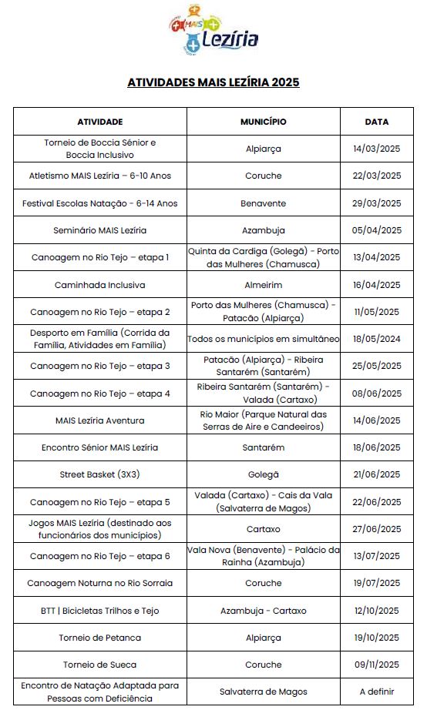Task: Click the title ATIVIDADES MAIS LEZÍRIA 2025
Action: [213, 82]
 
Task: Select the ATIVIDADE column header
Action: [100, 122]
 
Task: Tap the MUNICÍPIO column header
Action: [264, 122]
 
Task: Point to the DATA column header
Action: [377, 122]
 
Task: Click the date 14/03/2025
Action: [377, 149]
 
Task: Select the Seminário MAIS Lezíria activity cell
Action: [100, 230]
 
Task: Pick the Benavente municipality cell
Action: [264, 203]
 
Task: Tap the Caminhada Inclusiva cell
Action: [100, 285]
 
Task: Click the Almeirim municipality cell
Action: [264, 285]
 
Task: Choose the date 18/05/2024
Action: [377, 339]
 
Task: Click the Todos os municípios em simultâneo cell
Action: [264, 339]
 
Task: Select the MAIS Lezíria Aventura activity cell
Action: [100, 420]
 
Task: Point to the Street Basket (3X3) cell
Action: [100, 475]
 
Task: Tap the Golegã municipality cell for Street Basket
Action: [264, 475]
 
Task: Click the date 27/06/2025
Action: [377, 529]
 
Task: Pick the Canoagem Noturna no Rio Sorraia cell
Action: [100, 584]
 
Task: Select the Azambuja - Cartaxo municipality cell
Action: [264, 611]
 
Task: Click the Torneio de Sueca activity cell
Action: [100, 665]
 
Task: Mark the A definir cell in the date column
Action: [377, 692]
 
